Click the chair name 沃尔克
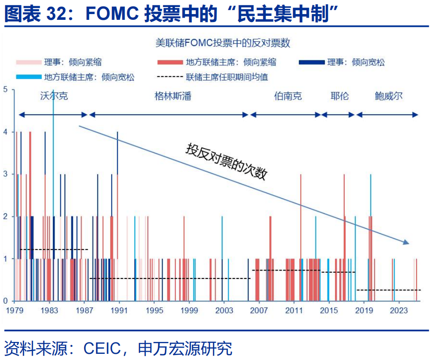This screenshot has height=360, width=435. pyautogui.click(x=54, y=96)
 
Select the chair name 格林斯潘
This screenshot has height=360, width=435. pyautogui.click(x=173, y=96)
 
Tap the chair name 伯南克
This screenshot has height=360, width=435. pyautogui.click(x=288, y=96)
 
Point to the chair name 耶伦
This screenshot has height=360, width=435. pyautogui.click(x=339, y=96)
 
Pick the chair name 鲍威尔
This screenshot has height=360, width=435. pyautogui.click(x=388, y=96)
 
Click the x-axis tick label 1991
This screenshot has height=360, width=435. pyautogui.click(x=119, y=311)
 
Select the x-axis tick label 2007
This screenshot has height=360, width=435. pyautogui.click(x=259, y=311)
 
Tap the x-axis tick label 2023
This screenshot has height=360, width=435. pyautogui.click(x=399, y=311)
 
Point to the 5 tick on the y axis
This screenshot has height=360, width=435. pyautogui.click(x=6, y=89)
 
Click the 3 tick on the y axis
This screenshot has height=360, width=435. pyautogui.click(x=6, y=174)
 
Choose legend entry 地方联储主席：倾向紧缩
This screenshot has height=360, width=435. pyautogui.click(x=231, y=62)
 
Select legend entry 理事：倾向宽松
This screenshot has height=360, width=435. pyautogui.click(x=356, y=62)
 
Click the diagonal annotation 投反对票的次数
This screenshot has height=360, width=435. pyautogui.click(x=226, y=161)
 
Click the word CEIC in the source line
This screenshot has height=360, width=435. pyautogui.click(x=102, y=349)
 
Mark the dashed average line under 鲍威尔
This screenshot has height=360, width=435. pyautogui.click(x=388, y=290)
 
